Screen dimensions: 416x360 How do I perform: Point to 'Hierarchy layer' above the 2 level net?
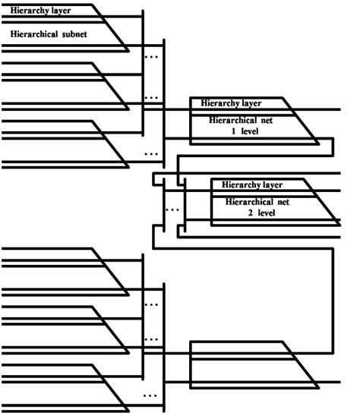point(252,184)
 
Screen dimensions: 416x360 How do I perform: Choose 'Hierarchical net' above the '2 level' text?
point(257,203)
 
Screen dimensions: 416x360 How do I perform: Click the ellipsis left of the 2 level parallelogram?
point(172,208)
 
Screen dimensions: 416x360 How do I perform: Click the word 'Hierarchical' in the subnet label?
point(33,35)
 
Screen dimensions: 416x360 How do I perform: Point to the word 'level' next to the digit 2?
point(267,213)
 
